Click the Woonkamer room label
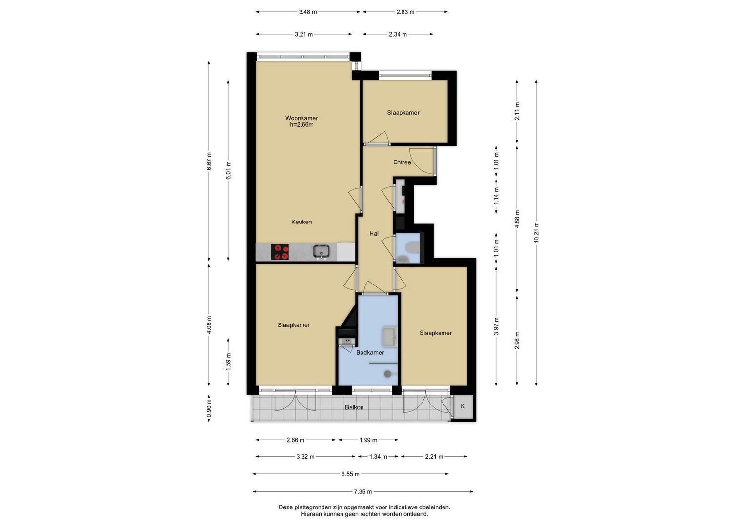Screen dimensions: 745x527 [x=302, y=118]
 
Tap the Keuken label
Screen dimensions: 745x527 [x=302, y=222]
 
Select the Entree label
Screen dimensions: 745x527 [x=402, y=162]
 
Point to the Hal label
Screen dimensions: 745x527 [x=374, y=234]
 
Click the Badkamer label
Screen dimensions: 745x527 [x=370, y=353]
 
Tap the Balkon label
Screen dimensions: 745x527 [x=354, y=407]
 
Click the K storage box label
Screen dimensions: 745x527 [x=463, y=406]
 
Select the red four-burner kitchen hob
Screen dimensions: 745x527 [x=280, y=252]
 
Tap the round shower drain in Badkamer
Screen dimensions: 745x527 [x=387, y=374]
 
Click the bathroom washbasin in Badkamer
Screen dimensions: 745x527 [x=389, y=337]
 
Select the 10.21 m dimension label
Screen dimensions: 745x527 [x=536, y=233]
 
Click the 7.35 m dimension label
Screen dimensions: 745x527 [x=362, y=491]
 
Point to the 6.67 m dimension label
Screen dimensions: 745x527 [x=209, y=162]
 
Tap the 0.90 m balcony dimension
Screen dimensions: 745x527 [x=209, y=409]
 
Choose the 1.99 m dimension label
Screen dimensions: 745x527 [x=368, y=440]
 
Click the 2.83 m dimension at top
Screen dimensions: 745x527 [x=405, y=12]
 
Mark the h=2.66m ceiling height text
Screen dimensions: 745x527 [x=302, y=125]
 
